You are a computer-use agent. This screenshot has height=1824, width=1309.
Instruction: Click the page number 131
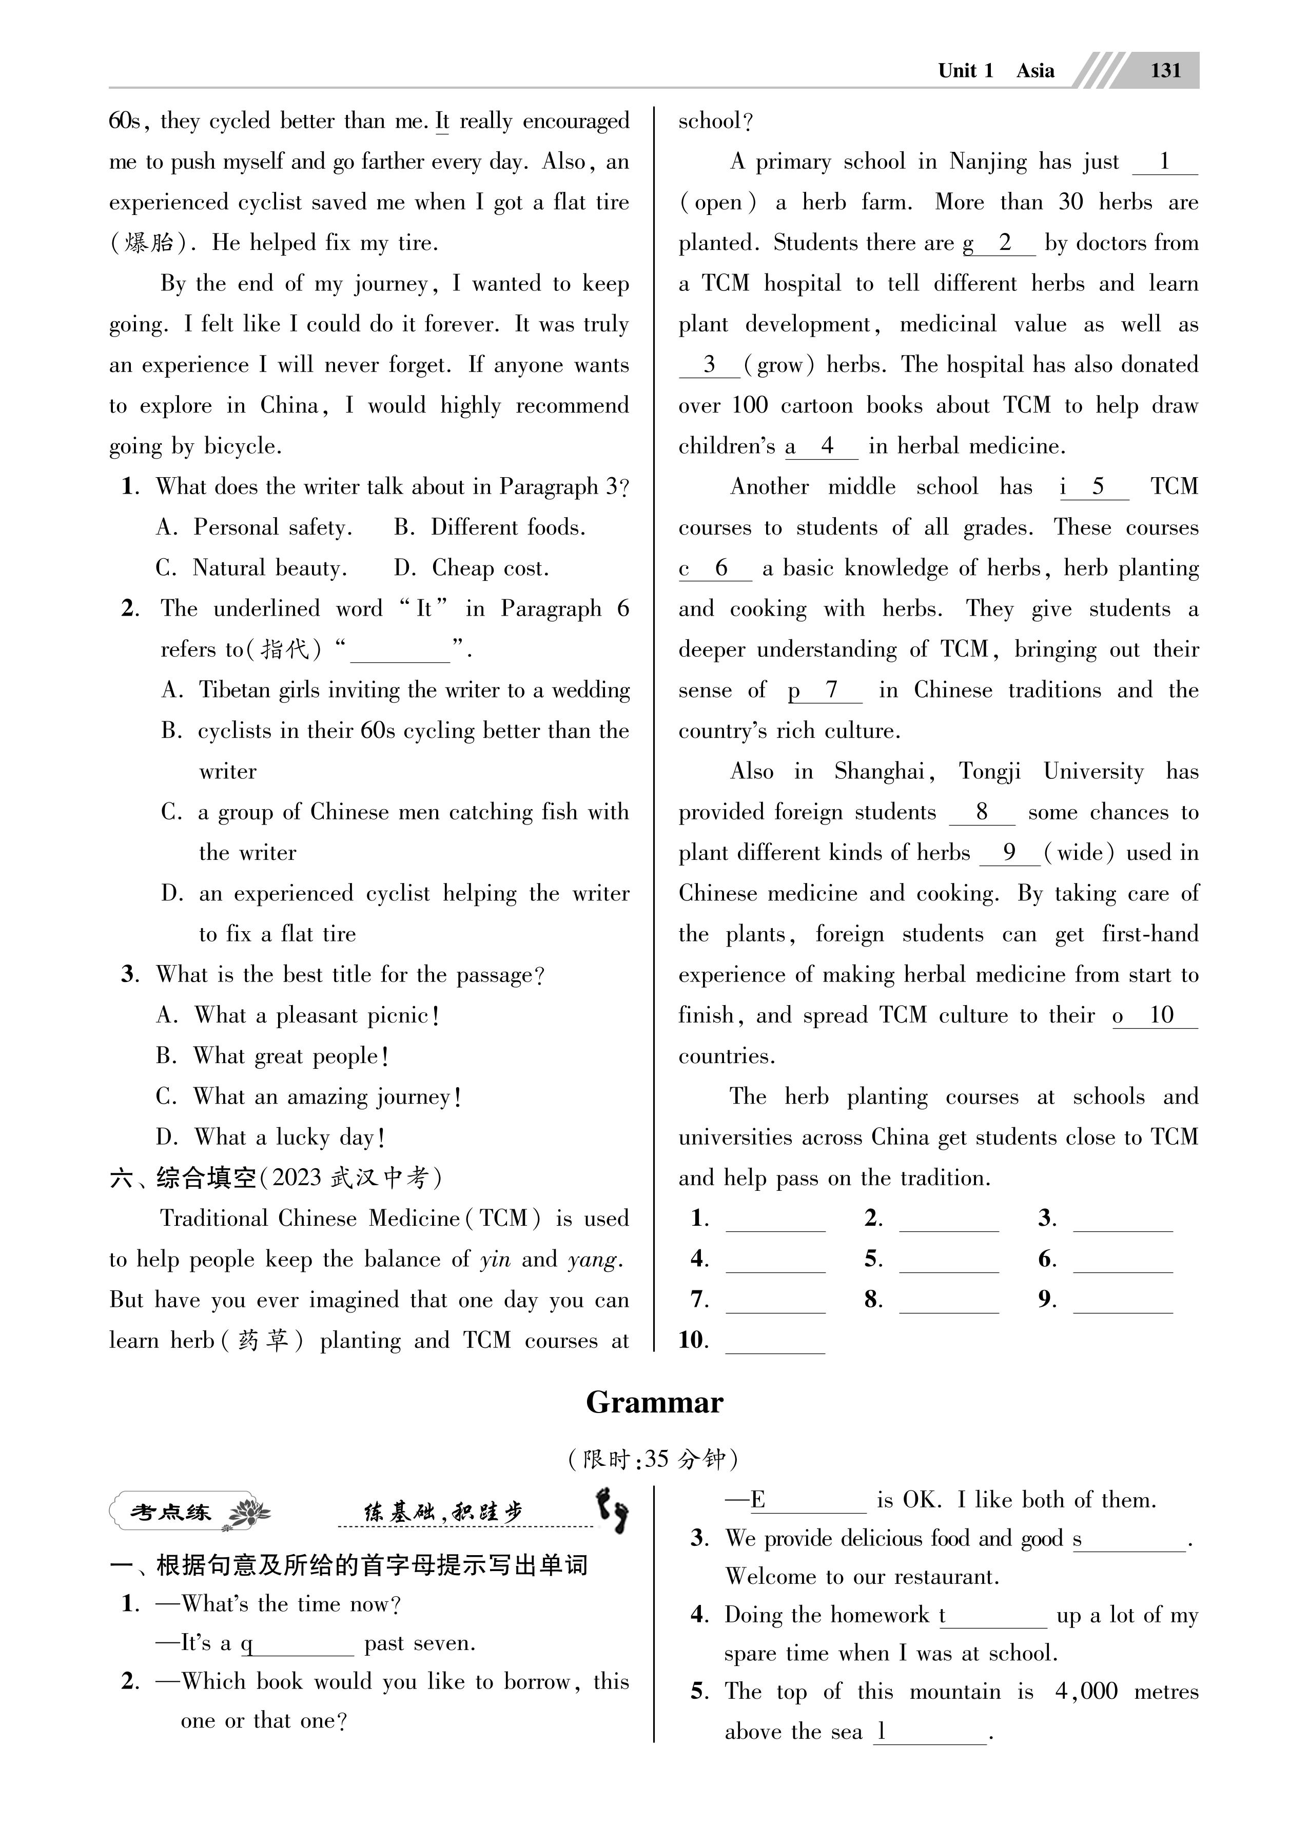tap(1165, 71)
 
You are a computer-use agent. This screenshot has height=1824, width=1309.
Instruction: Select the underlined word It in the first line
tap(442, 122)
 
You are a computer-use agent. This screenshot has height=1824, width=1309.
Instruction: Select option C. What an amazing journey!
tap(309, 1097)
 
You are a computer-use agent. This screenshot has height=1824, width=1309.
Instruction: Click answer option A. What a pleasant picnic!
tap(298, 1016)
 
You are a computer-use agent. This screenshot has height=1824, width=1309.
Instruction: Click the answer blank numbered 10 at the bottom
tap(775, 1341)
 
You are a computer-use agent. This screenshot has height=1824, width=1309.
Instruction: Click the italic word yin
tap(495, 1260)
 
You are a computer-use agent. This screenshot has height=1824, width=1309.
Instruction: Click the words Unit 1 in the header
tap(965, 71)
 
